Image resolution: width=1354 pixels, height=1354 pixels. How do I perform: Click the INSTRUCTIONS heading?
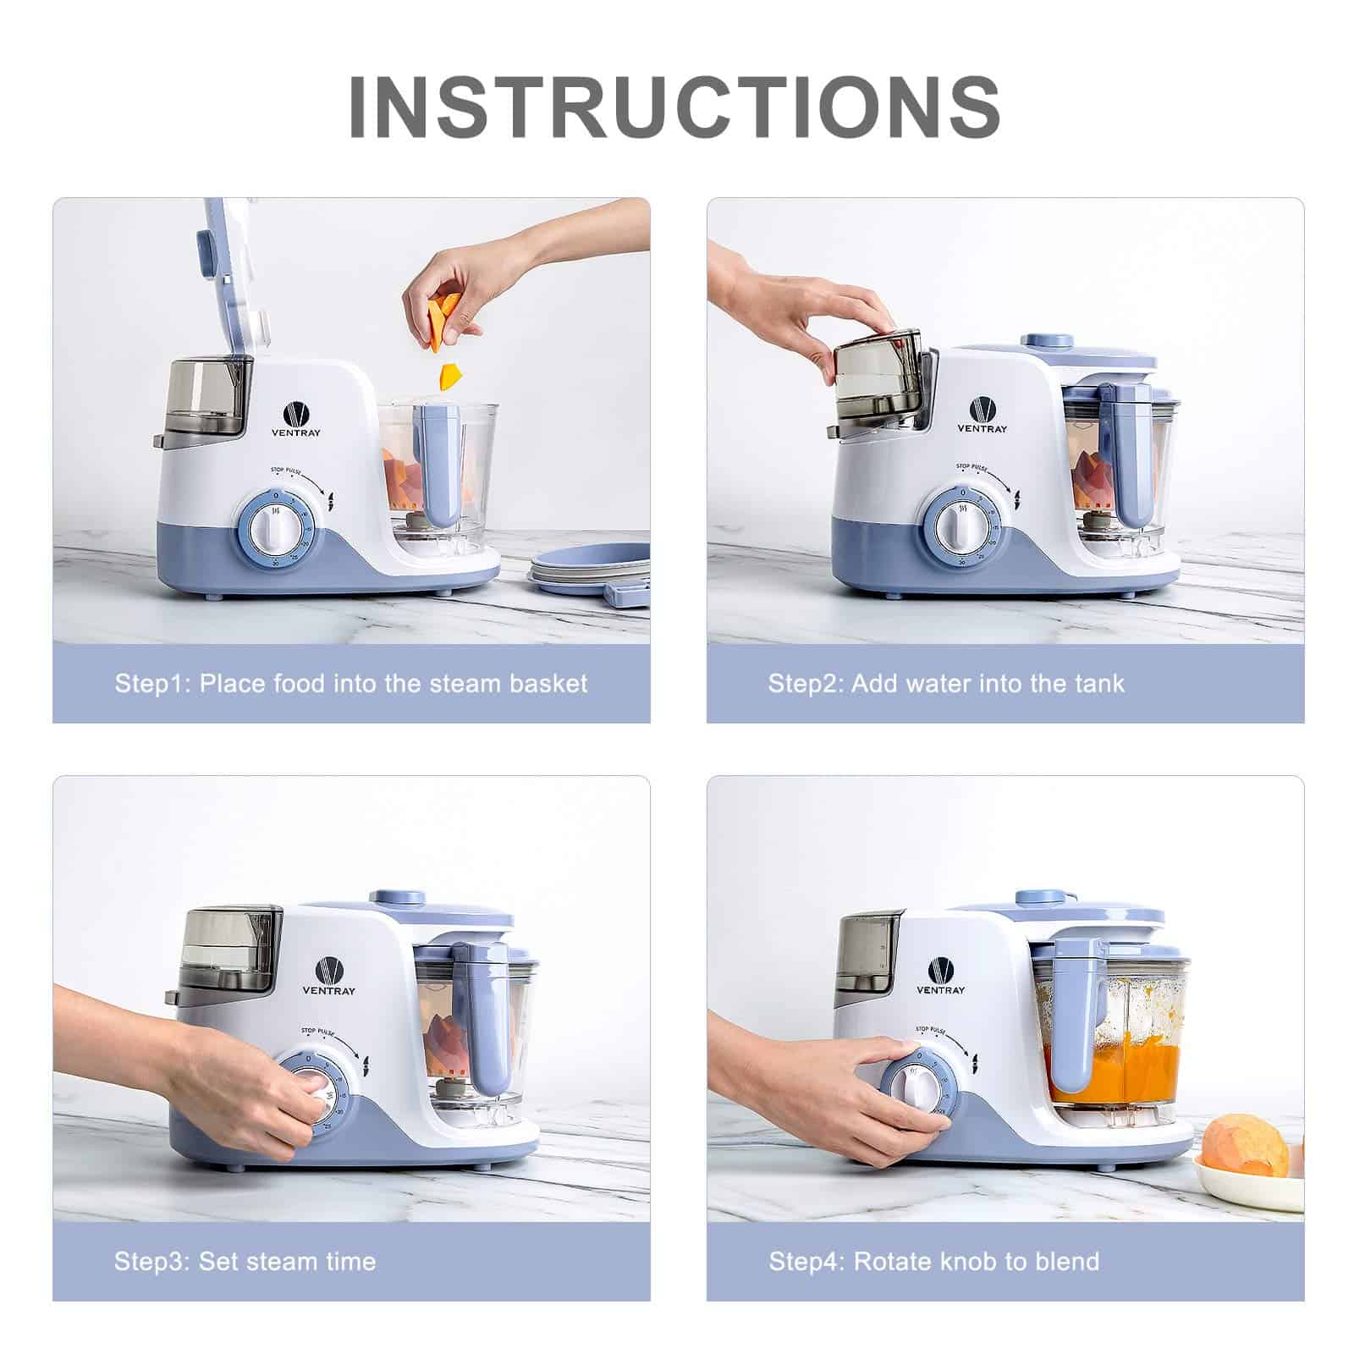(x=674, y=107)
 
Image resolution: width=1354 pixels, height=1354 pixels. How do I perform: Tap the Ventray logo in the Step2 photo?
(x=982, y=414)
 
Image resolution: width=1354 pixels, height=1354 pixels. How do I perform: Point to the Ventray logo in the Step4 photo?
(x=940, y=976)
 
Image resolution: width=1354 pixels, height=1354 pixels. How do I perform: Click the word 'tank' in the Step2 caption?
(x=1099, y=683)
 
